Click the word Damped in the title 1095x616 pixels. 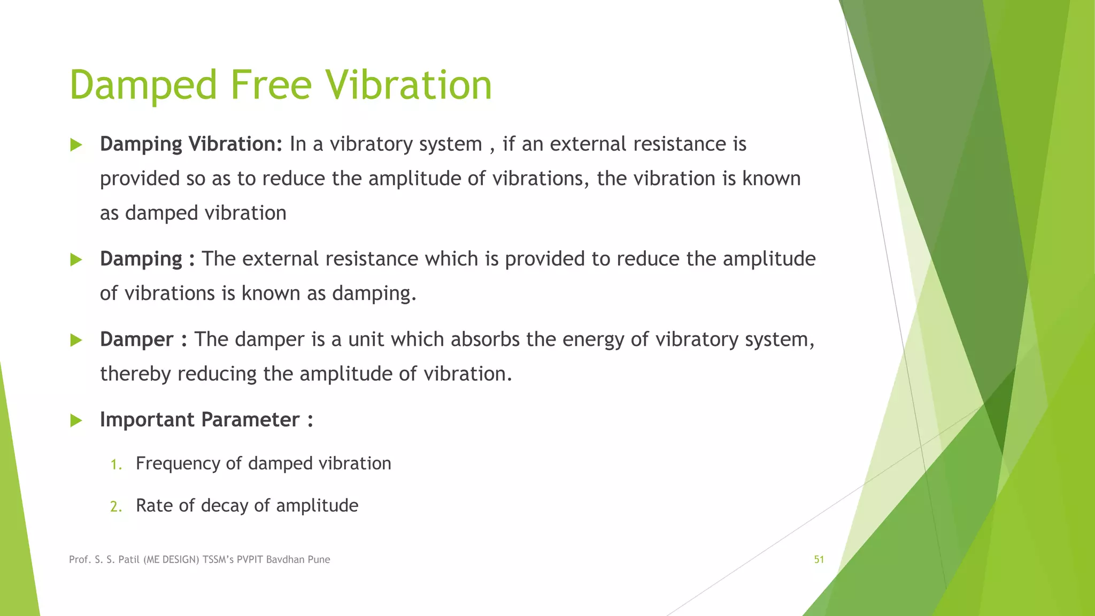(x=143, y=86)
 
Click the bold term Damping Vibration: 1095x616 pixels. (x=191, y=144)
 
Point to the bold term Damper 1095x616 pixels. (x=136, y=340)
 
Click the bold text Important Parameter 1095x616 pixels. (x=199, y=420)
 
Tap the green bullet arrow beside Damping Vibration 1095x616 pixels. (x=76, y=145)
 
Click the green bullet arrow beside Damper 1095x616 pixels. (x=76, y=340)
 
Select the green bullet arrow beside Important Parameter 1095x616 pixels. (x=76, y=420)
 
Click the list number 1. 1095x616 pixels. (x=115, y=464)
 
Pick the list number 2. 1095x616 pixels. (x=115, y=506)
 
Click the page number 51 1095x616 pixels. (x=819, y=559)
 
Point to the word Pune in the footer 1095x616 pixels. (x=319, y=559)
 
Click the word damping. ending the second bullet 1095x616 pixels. (x=374, y=294)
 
